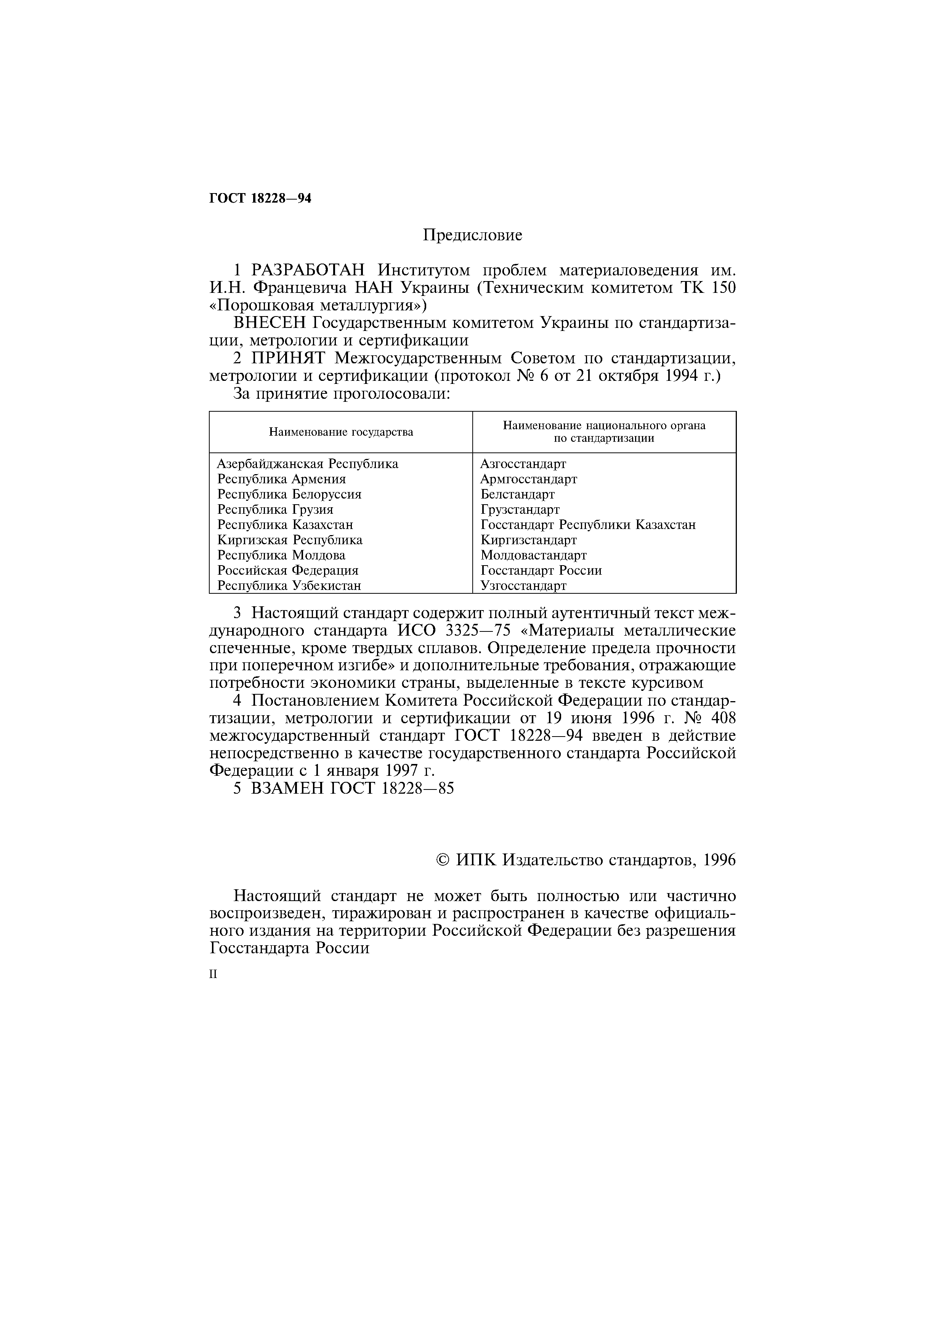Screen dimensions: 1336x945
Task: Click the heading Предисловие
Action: (472, 235)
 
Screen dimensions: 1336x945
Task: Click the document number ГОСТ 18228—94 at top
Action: (260, 198)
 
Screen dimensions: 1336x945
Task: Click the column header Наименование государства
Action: (341, 432)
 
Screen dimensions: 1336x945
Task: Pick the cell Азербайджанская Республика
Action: (307, 464)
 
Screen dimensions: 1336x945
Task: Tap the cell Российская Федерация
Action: (288, 570)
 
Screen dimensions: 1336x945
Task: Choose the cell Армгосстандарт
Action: (528, 479)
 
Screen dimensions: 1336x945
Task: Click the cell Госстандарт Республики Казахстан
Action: (587, 524)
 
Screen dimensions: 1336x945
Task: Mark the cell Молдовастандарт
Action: (533, 555)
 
